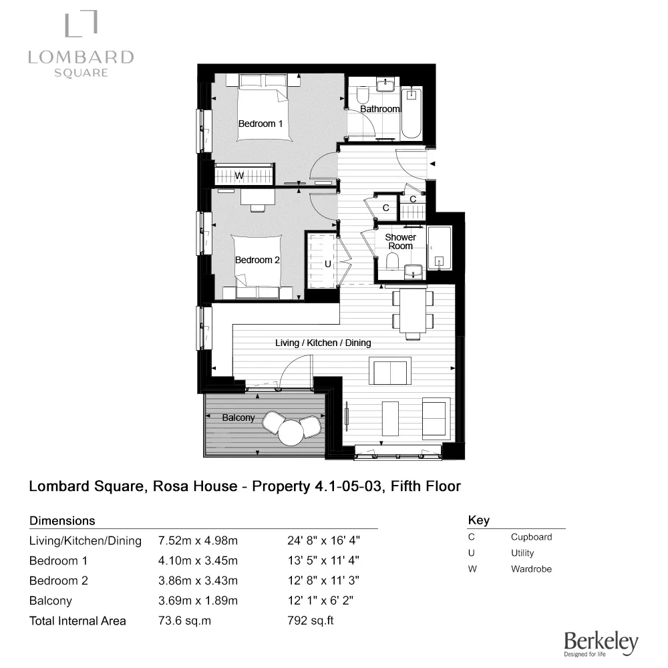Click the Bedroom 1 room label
[261, 124]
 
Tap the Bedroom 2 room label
[257, 260]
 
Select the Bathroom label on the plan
[379, 109]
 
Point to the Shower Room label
[400, 241]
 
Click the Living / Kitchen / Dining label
[323, 343]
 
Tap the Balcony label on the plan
[238, 417]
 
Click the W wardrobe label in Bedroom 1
[238, 176]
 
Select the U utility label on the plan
[327, 264]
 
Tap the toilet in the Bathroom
[363, 94]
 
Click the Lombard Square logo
[81, 44]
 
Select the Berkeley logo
[601, 643]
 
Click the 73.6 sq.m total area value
[185, 621]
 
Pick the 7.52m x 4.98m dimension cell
[198, 540]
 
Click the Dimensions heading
[63, 520]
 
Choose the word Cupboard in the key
[531, 536]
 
